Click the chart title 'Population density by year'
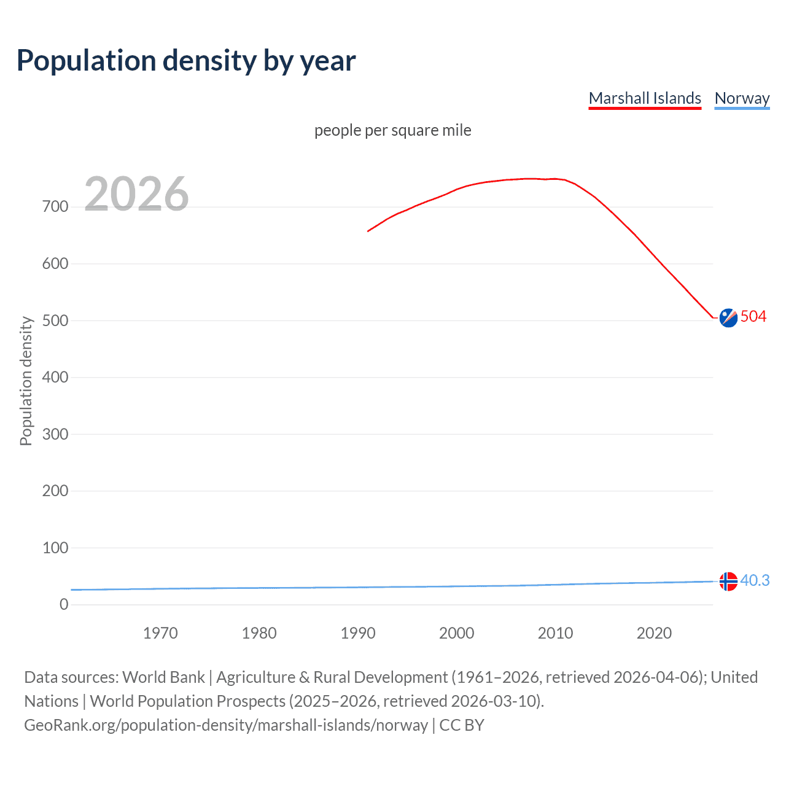tap(186, 61)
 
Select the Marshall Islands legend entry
tap(645, 98)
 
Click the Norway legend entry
tap(742, 98)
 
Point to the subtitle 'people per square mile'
tap(393, 130)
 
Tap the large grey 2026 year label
tap(136, 194)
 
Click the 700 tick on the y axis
tap(55, 207)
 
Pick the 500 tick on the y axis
tap(55, 321)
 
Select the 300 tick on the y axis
tap(55, 434)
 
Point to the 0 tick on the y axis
tap(64, 604)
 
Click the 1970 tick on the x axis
tap(160, 633)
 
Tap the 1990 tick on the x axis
tap(358, 633)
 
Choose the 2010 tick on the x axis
tap(555, 633)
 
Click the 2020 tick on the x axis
tap(654, 633)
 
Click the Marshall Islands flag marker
tap(728, 317)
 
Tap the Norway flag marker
tap(728, 581)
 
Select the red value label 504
tap(753, 316)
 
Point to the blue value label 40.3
tap(755, 580)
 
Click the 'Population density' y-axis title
tap(26, 381)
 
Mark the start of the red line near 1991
tap(368, 232)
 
